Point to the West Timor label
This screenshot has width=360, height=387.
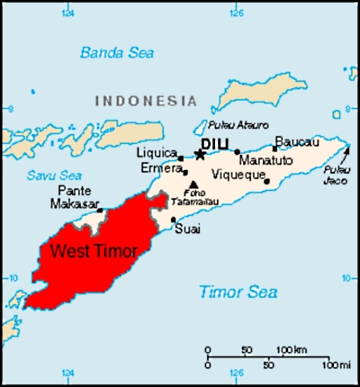94,251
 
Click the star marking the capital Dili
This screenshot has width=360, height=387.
200,155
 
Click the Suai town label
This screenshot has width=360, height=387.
188,229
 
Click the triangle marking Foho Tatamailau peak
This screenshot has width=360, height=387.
193,184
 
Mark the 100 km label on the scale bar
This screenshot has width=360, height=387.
292,349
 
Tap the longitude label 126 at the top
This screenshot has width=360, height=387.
236,13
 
